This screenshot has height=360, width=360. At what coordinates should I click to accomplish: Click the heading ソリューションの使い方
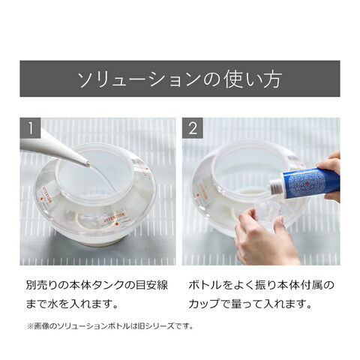pos(180,79)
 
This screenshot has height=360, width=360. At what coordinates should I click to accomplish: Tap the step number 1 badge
pos(30,127)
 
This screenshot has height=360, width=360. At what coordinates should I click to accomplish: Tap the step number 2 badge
pos(192,127)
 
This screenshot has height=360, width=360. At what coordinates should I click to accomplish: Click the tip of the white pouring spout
pos(88,164)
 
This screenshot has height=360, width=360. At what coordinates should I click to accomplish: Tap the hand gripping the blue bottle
pos(330,175)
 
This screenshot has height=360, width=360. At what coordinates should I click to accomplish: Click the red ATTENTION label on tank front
pos(114,217)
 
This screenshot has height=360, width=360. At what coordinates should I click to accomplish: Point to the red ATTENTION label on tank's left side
pos(46,195)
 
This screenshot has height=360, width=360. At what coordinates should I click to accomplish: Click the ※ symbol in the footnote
pos(30,326)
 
